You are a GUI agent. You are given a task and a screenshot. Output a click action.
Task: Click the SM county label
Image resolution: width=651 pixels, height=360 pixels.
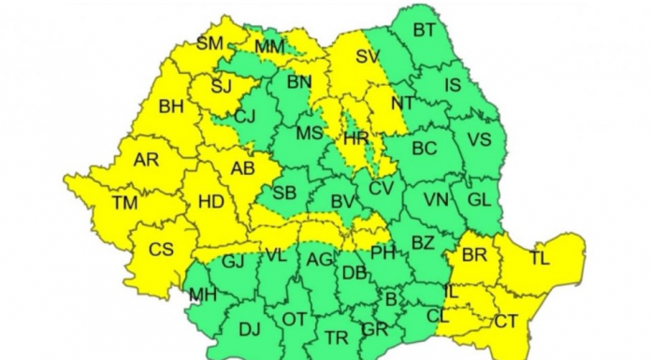(x=210, y=42)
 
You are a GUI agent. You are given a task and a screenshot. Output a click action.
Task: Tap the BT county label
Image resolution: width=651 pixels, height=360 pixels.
(x=424, y=30)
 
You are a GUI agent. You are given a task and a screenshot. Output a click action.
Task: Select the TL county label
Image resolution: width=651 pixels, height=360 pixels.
(x=540, y=257)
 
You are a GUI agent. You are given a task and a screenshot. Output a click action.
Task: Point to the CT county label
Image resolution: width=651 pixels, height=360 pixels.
(x=506, y=321)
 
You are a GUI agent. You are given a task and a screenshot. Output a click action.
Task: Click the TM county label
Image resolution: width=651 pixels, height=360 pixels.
(x=123, y=202)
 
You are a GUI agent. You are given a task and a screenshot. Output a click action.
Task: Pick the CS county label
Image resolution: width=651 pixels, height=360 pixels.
(x=162, y=250)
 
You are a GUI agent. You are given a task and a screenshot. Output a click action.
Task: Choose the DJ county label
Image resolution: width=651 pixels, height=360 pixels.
(x=250, y=329)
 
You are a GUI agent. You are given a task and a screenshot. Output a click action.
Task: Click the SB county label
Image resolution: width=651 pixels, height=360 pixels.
(x=285, y=193)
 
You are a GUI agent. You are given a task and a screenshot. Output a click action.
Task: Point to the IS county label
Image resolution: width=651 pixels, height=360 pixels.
(x=453, y=86)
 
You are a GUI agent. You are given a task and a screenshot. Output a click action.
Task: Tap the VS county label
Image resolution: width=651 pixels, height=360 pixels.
(x=479, y=140)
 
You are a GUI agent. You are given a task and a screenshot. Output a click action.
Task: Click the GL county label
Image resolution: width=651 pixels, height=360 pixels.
(x=478, y=199)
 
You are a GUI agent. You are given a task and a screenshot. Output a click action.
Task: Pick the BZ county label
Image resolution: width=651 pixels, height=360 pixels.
(x=423, y=243)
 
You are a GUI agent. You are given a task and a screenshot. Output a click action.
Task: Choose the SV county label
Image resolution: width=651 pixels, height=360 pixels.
(x=368, y=56)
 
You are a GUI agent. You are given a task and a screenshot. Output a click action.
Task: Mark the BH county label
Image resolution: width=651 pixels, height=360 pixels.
(x=171, y=108)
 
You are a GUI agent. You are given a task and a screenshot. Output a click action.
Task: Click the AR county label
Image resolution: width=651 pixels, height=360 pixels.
(x=146, y=160)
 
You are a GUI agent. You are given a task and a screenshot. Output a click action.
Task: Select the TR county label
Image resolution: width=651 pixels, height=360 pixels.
(x=336, y=338)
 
